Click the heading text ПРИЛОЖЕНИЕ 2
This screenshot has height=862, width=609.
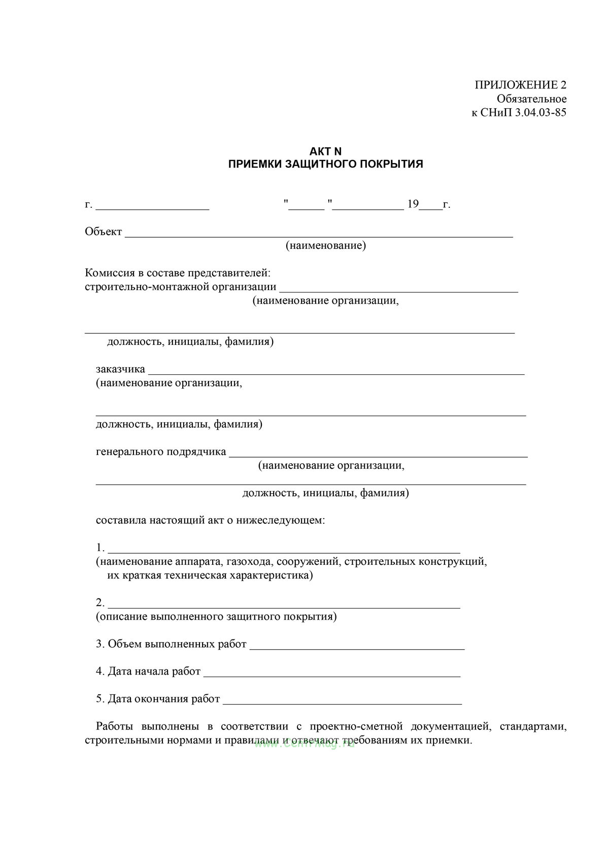point(520,85)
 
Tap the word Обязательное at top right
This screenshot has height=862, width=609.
point(531,99)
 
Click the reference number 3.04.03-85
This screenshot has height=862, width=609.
point(540,113)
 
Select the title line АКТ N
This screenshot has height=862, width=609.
point(325,151)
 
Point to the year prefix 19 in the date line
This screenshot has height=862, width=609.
point(413,204)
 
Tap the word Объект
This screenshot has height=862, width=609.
point(104,232)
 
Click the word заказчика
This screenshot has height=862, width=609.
point(120,369)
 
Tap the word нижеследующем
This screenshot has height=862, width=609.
point(280,520)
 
